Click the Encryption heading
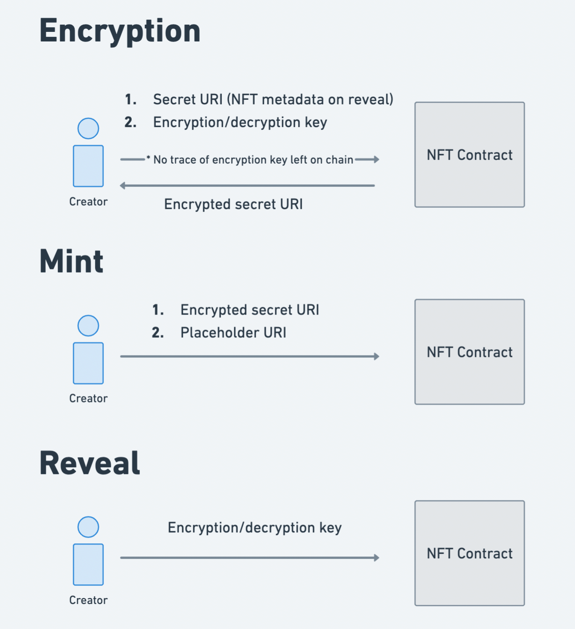[120, 31]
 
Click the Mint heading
[72, 262]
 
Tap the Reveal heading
[90, 463]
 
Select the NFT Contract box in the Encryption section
[469, 155]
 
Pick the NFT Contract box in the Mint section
[469, 352]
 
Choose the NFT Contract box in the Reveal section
[469, 553]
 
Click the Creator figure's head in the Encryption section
[88, 129]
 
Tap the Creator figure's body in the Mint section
[88, 363]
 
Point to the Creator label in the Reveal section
[88, 600]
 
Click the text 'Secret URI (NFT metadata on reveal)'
[273, 99]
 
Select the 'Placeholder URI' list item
[233, 333]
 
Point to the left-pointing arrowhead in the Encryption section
[123, 186]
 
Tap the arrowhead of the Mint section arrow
[376, 356]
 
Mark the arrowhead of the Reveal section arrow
[376, 558]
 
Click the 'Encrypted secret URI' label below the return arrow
[233, 204]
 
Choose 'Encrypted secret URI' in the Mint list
[250, 310]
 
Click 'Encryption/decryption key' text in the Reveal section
[254, 528]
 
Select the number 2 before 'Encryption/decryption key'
[130, 123]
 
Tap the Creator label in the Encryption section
[88, 202]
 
